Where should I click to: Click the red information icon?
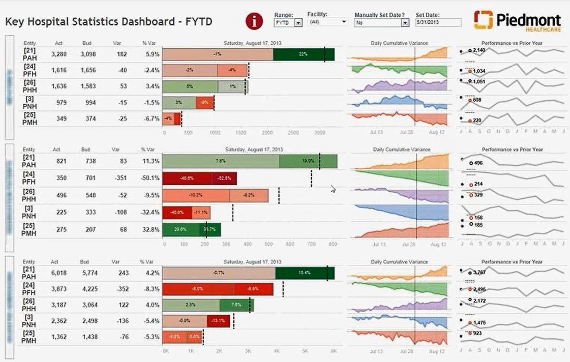254,21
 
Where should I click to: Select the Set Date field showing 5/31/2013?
438,23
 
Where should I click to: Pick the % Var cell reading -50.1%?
151,178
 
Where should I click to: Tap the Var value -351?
121,178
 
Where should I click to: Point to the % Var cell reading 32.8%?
151,230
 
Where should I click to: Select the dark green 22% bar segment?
304,54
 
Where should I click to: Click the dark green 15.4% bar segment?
305,273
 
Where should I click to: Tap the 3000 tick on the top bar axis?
319,132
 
